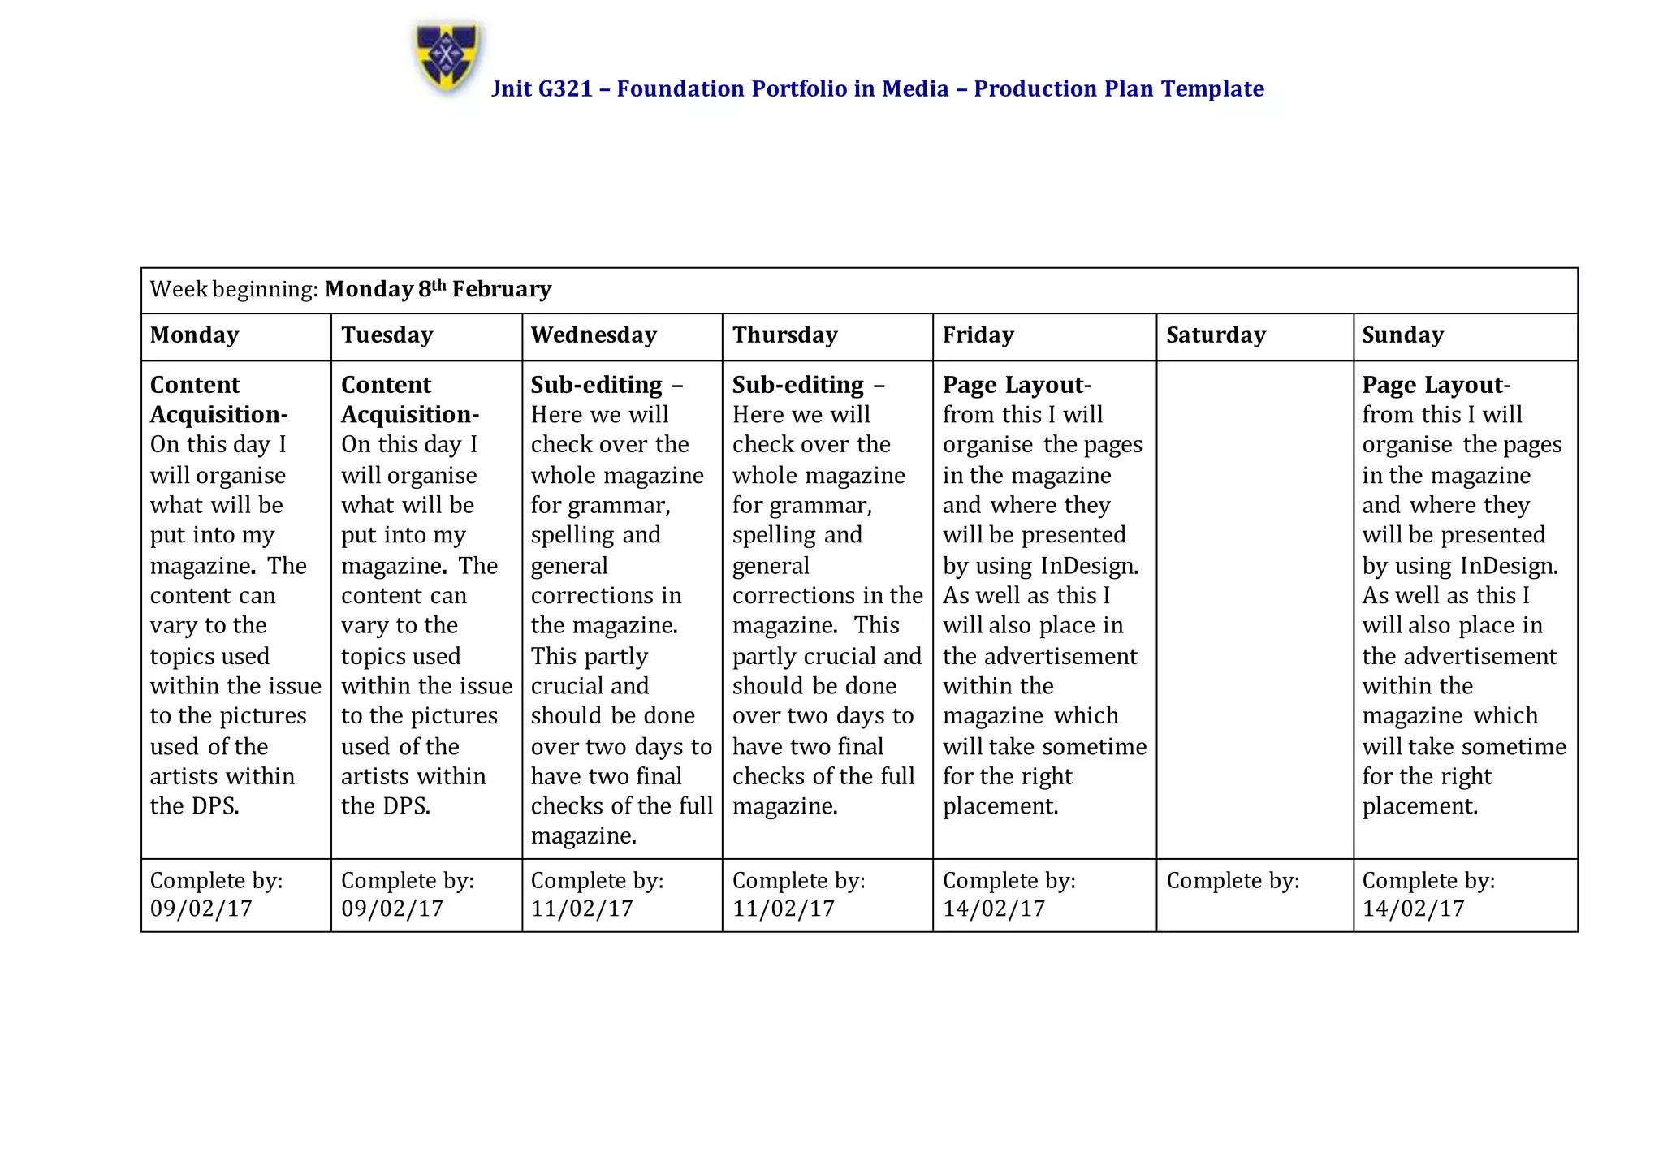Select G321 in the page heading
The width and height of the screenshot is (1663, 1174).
[565, 88]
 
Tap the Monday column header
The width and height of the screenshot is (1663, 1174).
[195, 335]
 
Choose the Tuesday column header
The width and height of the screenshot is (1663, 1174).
[387, 335]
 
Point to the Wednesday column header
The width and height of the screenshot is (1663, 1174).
[594, 335]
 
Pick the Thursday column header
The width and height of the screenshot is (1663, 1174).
[784, 335]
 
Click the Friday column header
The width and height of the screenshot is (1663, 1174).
[978, 335]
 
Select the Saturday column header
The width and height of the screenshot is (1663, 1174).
[1216, 335]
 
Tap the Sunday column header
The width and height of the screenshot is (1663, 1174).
[1402, 335]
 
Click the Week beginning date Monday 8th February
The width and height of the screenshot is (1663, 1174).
[438, 289]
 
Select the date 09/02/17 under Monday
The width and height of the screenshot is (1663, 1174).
[201, 909]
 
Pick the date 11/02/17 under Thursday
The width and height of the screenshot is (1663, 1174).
[784, 909]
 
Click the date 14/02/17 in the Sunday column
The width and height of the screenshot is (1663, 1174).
[1413, 909]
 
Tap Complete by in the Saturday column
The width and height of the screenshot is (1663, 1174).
[1233, 881]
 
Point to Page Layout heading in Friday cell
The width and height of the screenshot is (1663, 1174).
[1015, 385]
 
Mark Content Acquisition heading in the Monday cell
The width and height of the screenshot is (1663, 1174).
[218, 399]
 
